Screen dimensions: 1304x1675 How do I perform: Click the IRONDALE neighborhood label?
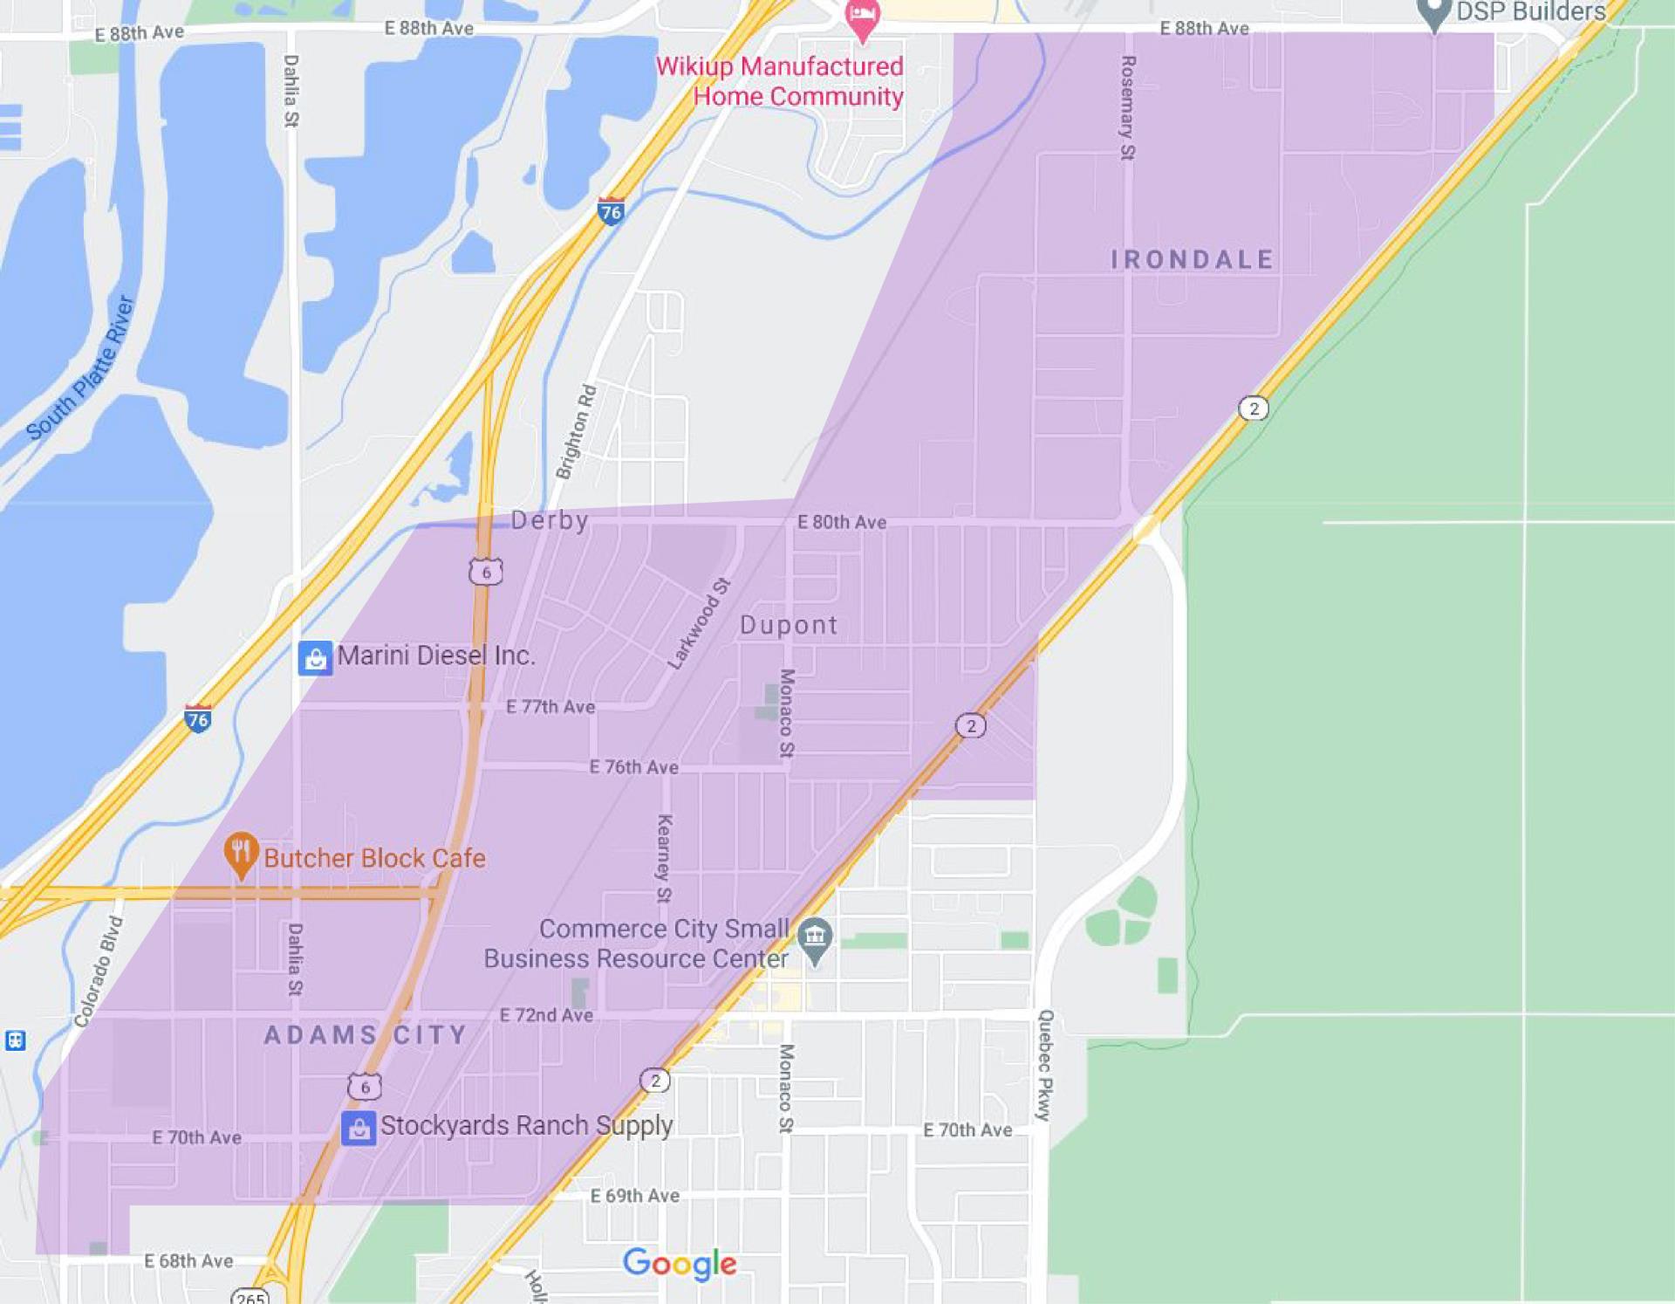pos(1192,259)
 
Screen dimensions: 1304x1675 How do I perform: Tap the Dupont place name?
pos(789,625)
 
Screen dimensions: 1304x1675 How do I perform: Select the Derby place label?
pos(550,520)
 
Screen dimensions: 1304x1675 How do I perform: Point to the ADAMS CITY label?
pos(366,1034)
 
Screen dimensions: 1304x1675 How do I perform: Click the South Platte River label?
pos(80,367)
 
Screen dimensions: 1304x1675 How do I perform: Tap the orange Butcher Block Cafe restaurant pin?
pos(241,854)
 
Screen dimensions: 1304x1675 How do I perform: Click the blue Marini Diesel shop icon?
pos(315,657)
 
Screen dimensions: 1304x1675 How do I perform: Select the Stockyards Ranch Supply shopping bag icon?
pos(359,1128)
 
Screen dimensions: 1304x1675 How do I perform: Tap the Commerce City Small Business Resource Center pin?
pos(815,939)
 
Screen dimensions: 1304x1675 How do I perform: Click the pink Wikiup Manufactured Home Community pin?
pos(863,19)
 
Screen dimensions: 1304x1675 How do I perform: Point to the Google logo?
pos(680,1263)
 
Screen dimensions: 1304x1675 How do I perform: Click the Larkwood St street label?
pos(698,623)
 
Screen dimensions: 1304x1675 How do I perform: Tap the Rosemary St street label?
pos(1127,107)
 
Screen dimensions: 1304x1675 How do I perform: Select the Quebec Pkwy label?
pos(1045,1065)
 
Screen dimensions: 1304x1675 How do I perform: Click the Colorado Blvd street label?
pos(99,971)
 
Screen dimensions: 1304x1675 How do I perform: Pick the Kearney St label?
pos(664,858)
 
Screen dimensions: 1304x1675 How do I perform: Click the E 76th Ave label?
pos(633,767)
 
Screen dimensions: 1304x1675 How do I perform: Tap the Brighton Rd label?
pos(577,432)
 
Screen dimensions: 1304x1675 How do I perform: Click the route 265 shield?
pos(250,1296)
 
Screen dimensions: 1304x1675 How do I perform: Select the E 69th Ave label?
pos(634,1196)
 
